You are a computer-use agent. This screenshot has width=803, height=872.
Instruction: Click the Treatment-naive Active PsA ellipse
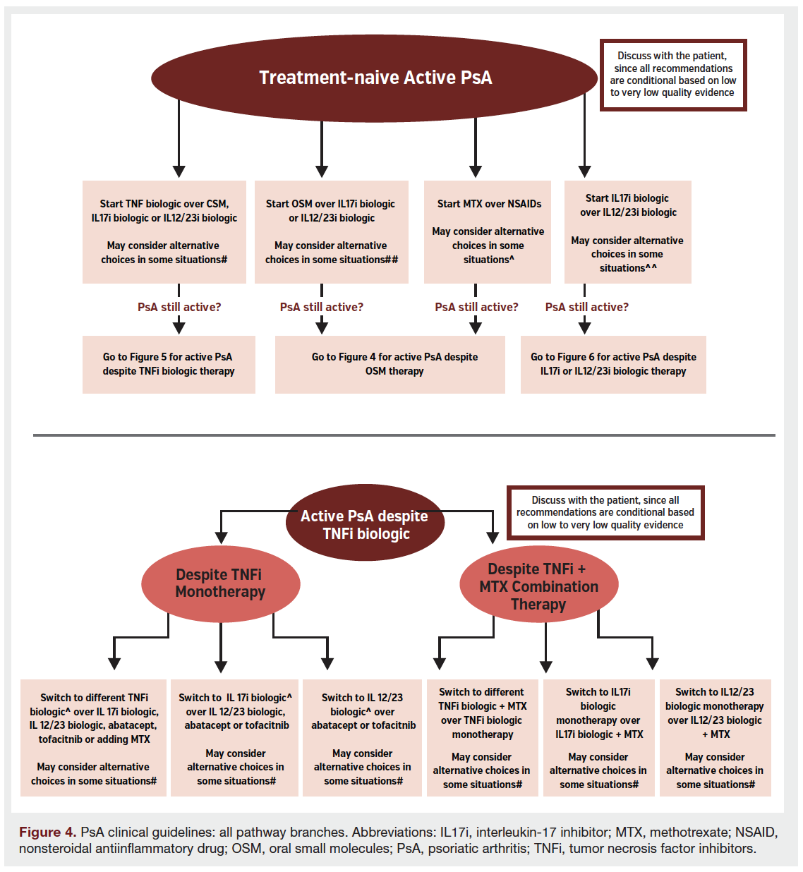[375, 78]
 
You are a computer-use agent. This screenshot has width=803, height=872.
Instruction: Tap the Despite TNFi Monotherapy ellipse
[220, 583]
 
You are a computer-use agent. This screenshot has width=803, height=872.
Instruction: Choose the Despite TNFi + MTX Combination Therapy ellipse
[538, 586]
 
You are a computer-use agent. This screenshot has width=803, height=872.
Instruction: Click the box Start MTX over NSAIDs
[488, 231]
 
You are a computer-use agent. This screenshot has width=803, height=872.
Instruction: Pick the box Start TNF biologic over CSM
[164, 231]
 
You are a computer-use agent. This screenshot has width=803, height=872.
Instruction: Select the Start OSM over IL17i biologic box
[331, 231]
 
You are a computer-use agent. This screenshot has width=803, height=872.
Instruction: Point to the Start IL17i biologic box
[627, 232]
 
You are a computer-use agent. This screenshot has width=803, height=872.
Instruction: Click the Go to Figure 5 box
[169, 364]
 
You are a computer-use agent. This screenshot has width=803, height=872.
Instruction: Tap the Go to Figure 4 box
[390, 364]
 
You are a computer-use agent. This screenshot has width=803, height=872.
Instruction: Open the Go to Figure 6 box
[613, 364]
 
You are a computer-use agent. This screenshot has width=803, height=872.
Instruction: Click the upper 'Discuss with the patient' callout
[672, 75]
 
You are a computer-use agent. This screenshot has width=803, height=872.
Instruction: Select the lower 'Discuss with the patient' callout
[605, 513]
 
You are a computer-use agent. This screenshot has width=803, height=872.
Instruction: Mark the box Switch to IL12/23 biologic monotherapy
[715, 737]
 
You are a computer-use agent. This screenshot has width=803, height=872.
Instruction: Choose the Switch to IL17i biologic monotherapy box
[598, 737]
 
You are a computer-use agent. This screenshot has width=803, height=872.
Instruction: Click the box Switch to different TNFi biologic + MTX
[482, 737]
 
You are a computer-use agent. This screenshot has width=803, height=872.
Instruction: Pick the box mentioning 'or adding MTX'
[93, 737]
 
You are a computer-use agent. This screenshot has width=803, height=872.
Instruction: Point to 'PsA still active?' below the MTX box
[476, 307]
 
